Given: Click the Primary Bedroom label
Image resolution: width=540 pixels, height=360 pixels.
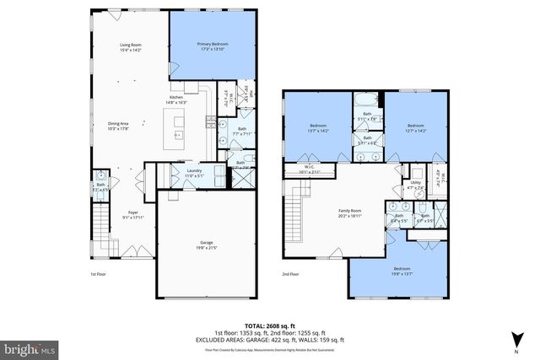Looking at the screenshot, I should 213,46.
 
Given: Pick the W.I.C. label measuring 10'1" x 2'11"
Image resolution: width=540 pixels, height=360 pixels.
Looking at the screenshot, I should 310,169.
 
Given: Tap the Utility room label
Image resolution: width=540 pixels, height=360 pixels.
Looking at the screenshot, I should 415,184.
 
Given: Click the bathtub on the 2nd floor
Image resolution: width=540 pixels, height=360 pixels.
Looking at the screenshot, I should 368,99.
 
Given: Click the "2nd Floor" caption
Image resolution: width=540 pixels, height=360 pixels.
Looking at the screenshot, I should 291,274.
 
